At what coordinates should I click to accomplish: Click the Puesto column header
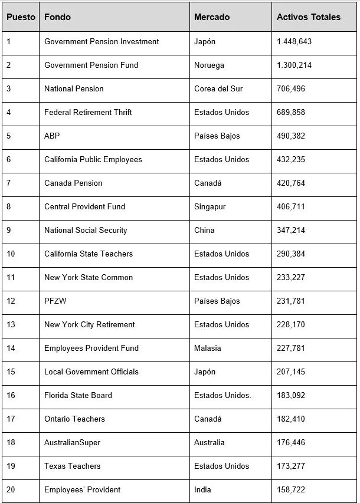21,17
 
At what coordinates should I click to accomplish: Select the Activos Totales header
308,17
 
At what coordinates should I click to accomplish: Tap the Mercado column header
212,17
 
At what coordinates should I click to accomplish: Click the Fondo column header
57,17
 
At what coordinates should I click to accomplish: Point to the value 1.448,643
294,41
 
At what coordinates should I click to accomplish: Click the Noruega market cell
209,65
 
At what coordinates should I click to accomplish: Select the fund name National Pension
74,88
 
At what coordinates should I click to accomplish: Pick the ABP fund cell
52,136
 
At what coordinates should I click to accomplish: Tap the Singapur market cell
210,206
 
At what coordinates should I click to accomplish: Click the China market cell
204,230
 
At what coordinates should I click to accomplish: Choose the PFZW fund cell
56,301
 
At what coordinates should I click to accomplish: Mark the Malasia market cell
207,348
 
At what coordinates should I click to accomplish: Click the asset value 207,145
291,372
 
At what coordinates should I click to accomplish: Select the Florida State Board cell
78,395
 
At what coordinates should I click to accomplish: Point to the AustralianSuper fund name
72,442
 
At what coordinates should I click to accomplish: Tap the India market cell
202,489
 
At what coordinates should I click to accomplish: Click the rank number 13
11,324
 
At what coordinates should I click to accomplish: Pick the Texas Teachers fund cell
72,466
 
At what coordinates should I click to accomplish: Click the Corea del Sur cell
218,88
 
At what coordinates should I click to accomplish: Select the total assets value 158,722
291,489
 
